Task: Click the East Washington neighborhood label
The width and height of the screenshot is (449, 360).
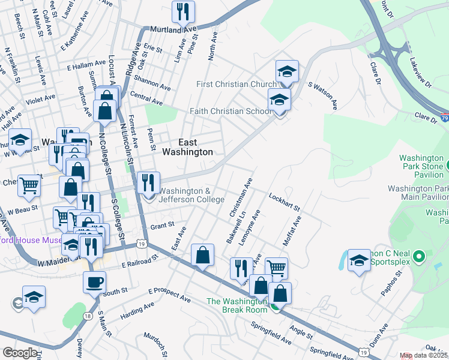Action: [187, 148]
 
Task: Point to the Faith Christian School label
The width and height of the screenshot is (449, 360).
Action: [231, 111]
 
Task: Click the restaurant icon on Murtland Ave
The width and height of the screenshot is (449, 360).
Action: [182, 11]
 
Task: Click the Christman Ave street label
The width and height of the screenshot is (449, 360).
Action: [241, 197]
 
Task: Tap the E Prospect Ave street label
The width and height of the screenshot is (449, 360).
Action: [170, 294]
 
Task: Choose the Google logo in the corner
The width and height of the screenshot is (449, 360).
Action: [20, 353]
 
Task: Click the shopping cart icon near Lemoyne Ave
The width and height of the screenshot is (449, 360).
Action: [276, 268]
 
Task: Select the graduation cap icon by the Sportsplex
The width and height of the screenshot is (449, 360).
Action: [359, 259]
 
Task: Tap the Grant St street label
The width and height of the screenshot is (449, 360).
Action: [161, 226]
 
